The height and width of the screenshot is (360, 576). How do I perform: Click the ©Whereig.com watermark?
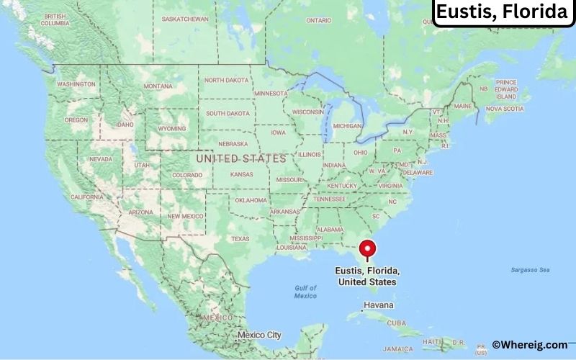coord(529,346)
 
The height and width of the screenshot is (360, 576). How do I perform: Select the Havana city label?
coord(379,305)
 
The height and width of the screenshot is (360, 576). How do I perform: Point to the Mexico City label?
coord(259,335)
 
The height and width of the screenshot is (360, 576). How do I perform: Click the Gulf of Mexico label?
coord(305,292)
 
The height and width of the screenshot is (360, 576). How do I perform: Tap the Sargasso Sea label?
coord(530,269)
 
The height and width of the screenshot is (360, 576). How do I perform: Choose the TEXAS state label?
coord(240,238)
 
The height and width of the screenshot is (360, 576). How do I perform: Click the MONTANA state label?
coord(158,86)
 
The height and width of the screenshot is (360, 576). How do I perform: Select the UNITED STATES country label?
coord(240,158)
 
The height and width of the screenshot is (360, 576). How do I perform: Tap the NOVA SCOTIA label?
coord(503,109)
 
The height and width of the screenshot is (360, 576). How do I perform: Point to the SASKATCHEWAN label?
coord(181,19)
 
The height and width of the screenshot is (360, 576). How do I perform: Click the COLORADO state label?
coord(186,175)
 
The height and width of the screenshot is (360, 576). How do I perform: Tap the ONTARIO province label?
coord(318,20)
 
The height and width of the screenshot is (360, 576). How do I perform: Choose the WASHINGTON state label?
coord(76,84)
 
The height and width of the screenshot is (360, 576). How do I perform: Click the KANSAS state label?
coord(241,174)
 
